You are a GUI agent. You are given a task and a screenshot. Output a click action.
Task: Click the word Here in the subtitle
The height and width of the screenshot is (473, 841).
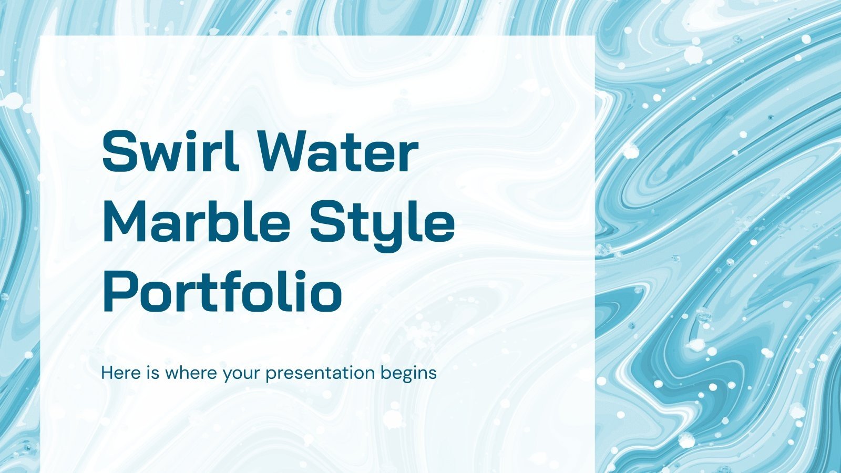(x=120, y=373)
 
